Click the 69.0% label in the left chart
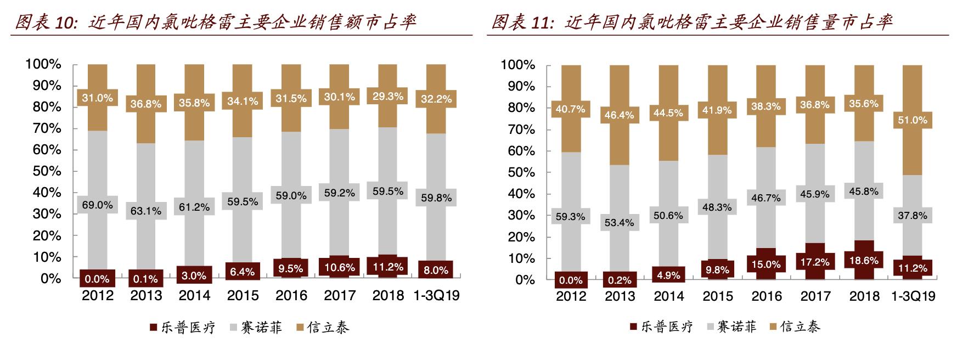pyautogui.click(x=97, y=205)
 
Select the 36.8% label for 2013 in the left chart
pyautogui.click(x=145, y=104)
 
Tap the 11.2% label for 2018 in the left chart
pyautogui.click(x=388, y=267)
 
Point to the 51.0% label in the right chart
pyautogui.click(x=913, y=120)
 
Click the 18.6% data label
pyautogui.click(x=864, y=261)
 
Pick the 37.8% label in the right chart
pyautogui.click(x=913, y=216)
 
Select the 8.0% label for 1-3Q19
pyautogui.click(x=436, y=270)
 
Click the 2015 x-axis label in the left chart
pyautogui.click(x=243, y=296)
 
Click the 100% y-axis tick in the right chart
pyautogui.click(x=517, y=65)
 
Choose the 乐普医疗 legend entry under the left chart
pyautogui.click(x=183, y=328)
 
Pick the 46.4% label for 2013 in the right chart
pyautogui.click(x=620, y=115)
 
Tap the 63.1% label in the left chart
pyautogui.click(x=145, y=211)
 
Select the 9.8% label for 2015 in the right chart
pyautogui.click(x=717, y=269)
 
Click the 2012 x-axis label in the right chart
pyautogui.click(x=571, y=296)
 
